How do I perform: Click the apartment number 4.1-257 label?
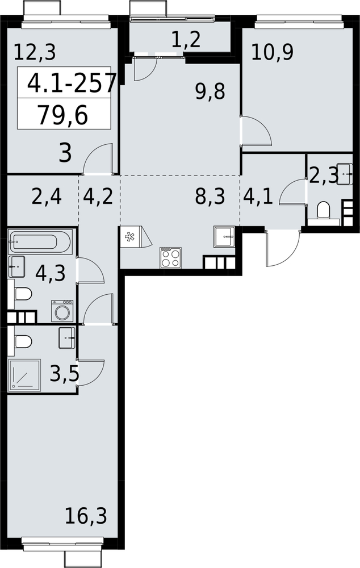pyautogui.click(x=72, y=83)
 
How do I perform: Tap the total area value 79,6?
pyautogui.click(x=62, y=116)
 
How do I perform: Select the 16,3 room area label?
pyautogui.click(x=86, y=516)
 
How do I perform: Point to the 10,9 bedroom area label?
pyautogui.click(x=273, y=52)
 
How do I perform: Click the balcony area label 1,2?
pyautogui.click(x=186, y=39)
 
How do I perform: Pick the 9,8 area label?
pyautogui.click(x=210, y=91)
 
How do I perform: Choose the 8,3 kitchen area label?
pyautogui.click(x=210, y=197)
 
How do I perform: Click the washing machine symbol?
pyautogui.click(x=62, y=311)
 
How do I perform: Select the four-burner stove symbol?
pyautogui.click(x=170, y=258)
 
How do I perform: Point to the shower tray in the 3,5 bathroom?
pyautogui.click(x=24, y=375)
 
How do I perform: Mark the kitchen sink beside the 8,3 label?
pyautogui.click(x=224, y=236)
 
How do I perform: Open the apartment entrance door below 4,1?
pyautogui.click(x=283, y=248)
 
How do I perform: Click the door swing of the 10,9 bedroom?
pyautogui.click(x=257, y=131)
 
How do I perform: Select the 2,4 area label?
pyautogui.click(x=47, y=198)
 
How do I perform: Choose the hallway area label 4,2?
pyautogui.click(x=98, y=197)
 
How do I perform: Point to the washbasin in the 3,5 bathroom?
pyautogui.click(x=66, y=337)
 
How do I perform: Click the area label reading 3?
pyautogui.click(x=65, y=153)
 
